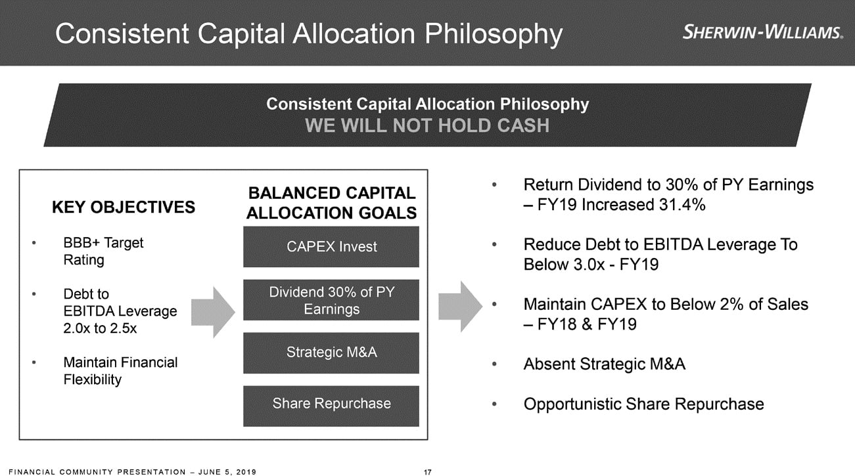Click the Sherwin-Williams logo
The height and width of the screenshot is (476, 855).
(762, 32)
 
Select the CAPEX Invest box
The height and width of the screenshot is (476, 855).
(331, 247)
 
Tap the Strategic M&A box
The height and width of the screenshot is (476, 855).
(331, 353)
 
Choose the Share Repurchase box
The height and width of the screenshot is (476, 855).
(331, 406)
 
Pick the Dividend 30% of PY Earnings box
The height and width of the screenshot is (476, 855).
(331, 300)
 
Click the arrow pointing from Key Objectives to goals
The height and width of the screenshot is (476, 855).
(213, 313)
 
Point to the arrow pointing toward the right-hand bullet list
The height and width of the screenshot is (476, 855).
(460, 307)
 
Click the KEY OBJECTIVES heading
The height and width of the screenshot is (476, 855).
(124, 207)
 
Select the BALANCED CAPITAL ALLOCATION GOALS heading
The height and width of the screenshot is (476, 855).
(331, 203)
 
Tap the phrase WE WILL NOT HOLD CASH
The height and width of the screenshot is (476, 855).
(427, 125)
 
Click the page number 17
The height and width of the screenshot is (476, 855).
(427, 472)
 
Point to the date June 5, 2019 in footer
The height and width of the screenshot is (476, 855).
(227, 472)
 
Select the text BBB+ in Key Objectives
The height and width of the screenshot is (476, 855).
(81, 242)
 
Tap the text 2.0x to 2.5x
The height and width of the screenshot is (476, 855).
(100, 328)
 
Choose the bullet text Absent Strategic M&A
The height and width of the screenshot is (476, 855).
(604, 364)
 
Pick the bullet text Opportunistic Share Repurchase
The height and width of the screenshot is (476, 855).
(643, 404)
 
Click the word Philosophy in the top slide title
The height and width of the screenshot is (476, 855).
(494, 34)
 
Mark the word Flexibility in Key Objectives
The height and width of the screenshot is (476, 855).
(93, 379)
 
